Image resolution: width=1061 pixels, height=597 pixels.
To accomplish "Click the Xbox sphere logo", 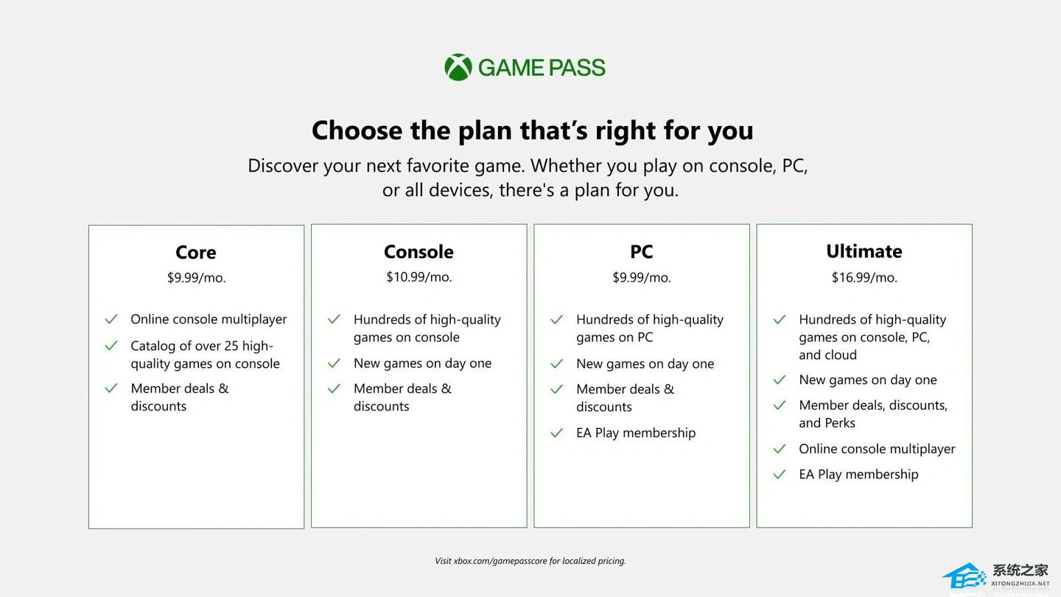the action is [x=458, y=67].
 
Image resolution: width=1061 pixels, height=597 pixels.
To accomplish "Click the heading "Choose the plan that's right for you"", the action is [x=533, y=130].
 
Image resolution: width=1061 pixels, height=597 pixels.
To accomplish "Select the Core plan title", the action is [x=196, y=253].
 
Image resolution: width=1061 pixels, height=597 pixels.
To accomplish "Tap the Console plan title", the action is [x=419, y=252].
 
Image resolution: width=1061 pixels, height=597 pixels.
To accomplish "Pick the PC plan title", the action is [x=641, y=252].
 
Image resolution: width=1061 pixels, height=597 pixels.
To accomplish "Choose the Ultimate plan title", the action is [x=864, y=251].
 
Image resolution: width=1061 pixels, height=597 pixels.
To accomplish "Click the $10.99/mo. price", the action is [x=419, y=277].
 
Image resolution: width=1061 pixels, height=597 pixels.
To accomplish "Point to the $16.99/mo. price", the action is [x=864, y=278].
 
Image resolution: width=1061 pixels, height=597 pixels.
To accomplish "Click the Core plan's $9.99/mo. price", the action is [x=196, y=278].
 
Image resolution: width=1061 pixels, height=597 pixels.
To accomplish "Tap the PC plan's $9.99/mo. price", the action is [x=642, y=278].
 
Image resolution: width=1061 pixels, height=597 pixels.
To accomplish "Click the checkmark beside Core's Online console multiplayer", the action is [x=111, y=319].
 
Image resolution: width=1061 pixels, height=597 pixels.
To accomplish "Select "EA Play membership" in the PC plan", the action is [x=636, y=433].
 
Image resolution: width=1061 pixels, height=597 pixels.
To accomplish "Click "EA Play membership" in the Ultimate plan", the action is [x=858, y=475].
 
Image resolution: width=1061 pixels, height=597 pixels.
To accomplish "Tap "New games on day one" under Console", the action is [x=422, y=363].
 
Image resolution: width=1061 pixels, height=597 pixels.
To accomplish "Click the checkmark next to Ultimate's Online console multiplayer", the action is [x=780, y=449].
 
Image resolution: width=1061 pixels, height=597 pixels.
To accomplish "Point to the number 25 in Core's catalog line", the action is [x=231, y=346].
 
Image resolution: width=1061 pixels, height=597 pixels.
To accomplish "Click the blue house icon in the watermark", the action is [x=964, y=576].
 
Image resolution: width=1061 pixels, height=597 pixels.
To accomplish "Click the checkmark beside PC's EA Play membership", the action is [x=556, y=433].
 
